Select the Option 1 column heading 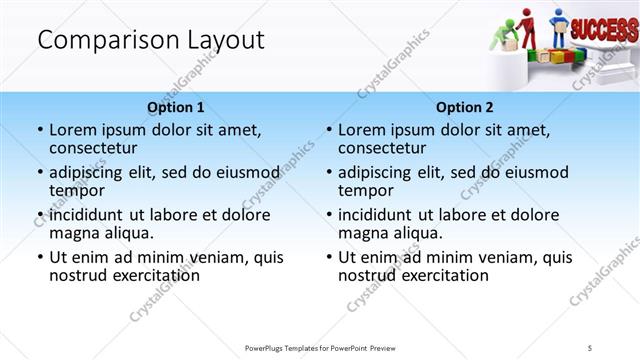point(176,107)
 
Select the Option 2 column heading point(465,107)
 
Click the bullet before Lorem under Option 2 point(329,130)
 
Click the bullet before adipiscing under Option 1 point(40,172)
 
